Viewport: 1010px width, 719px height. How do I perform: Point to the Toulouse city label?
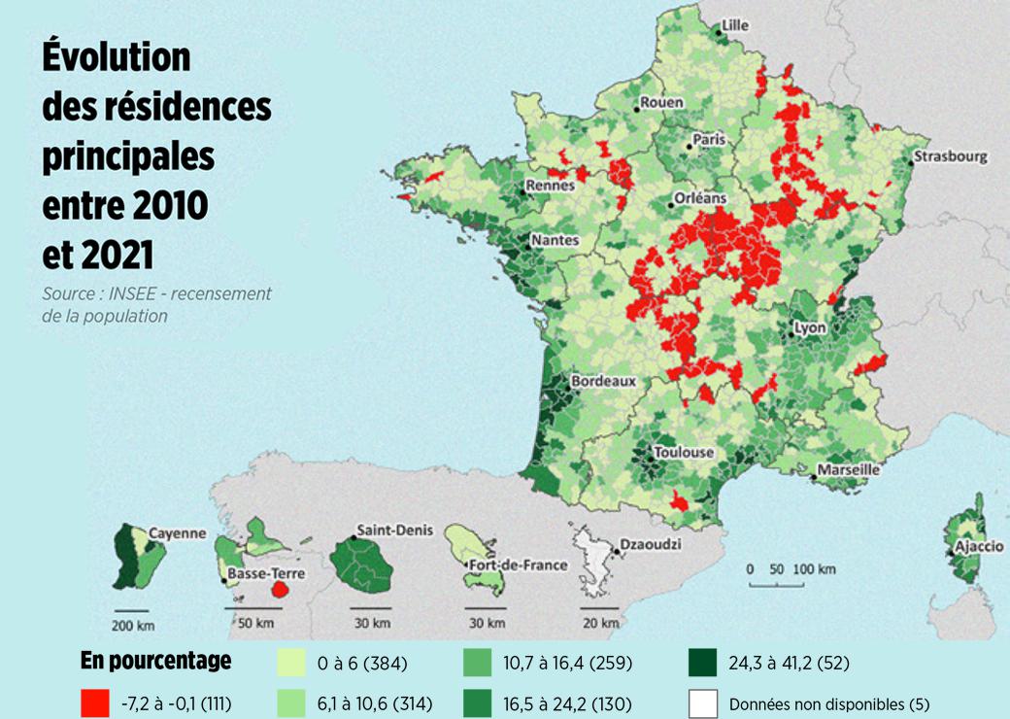[685, 453]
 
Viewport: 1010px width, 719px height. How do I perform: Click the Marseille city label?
[849, 469]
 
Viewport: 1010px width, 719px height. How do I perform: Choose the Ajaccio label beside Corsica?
[980, 547]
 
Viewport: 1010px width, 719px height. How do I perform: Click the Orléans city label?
[699, 198]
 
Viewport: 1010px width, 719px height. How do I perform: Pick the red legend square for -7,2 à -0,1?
[95, 702]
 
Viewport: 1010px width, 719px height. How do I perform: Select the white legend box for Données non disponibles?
[702, 702]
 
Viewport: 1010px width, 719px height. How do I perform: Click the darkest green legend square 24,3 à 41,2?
[702, 664]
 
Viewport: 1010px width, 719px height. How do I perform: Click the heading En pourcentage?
[155, 662]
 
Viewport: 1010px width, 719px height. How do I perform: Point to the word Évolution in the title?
[116, 58]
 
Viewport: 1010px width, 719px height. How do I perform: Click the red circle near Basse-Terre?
[280, 588]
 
